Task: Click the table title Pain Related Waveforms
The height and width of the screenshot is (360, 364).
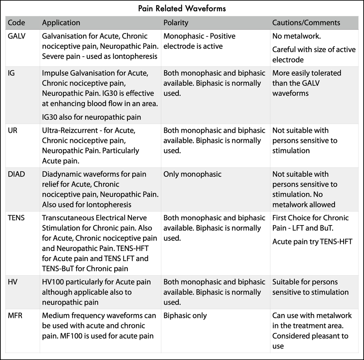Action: (x=182, y=8)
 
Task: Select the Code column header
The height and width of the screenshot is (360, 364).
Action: (x=17, y=23)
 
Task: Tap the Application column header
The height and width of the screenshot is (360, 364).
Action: (x=61, y=23)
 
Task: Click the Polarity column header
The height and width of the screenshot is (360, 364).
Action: (x=176, y=23)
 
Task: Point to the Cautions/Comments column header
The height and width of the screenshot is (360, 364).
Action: (x=306, y=23)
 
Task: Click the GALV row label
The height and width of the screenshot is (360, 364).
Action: (x=18, y=36)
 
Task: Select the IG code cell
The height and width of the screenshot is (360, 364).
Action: (x=12, y=73)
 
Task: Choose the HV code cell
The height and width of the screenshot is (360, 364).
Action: (x=13, y=282)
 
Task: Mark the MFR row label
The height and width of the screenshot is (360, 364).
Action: (x=15, y=316)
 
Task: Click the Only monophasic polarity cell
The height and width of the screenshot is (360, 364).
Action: (x=192, y=174)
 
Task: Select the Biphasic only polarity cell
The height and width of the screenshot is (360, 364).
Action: (x=185, y=316)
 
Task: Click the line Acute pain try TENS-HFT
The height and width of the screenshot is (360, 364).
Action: (x=312, y=241)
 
